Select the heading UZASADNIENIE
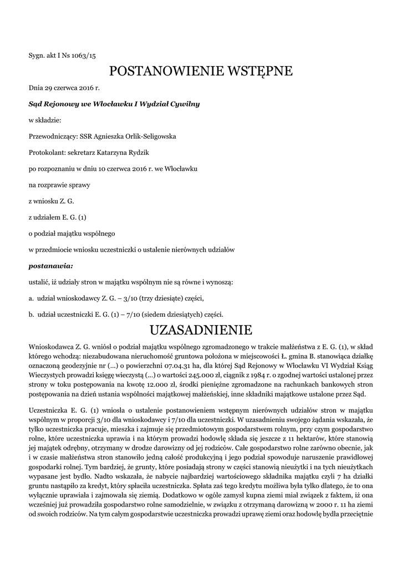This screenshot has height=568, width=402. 201,331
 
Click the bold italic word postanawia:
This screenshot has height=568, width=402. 50,266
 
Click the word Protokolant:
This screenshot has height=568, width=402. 47,152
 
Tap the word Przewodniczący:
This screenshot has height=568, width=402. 53,136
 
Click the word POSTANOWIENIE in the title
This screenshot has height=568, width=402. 164,72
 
